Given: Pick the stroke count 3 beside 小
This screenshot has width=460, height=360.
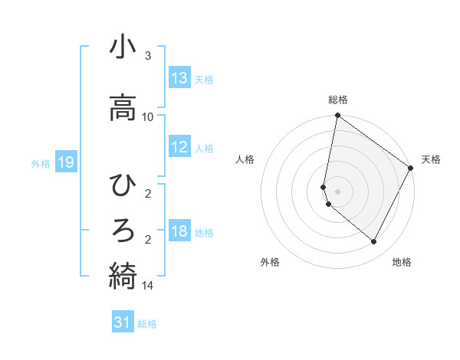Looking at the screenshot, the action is coord(148,56).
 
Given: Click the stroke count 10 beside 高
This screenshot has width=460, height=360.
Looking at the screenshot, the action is coord(148,116).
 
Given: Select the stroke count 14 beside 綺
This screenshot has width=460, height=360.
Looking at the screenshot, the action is coord(148,286).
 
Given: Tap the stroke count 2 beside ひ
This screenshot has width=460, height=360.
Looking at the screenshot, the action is coord(148,194).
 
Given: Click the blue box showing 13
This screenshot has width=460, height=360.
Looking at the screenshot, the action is coord(179,78).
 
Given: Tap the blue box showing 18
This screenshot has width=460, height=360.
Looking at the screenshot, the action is coord(179,231).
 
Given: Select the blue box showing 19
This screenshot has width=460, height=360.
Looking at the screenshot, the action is coord(65,162).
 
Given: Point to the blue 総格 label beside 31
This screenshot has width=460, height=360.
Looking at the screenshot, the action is coord(147,324).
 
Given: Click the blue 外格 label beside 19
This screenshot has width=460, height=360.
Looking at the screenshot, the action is coord(40,163).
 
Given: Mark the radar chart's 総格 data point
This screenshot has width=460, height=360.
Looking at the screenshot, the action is coord(337,116).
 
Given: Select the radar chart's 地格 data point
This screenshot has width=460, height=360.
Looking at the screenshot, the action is coord(374,242).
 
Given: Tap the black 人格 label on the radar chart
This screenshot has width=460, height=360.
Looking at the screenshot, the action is coord(245,159).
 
